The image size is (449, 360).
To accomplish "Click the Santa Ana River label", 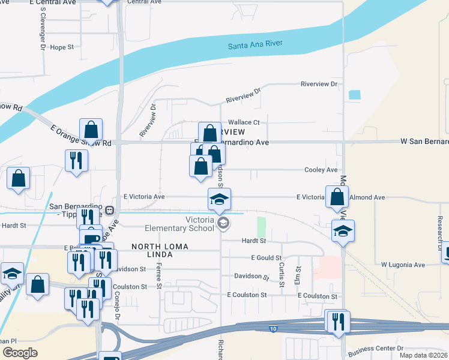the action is (x=255, y=44).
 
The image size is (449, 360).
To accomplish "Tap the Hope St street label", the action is (x=62, y=47).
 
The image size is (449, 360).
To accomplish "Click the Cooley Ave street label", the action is (x=321, y=170).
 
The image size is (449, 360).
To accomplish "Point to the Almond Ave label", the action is (x=367, y=197).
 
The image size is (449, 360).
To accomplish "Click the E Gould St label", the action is (x=267, y=257).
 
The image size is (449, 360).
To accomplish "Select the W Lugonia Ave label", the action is (x=403, y=265).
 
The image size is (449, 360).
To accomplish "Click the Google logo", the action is (x=20, y=353).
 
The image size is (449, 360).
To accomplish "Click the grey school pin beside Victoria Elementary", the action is (x=223, y=224).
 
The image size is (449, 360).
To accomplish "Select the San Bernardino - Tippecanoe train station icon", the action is (x=110, y=210).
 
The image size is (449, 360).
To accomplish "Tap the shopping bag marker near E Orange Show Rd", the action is (x=91, y=129).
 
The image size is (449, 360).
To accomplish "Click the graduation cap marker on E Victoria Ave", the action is (x=220, y=199).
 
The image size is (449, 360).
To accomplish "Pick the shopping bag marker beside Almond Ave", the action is (x=337, y=196).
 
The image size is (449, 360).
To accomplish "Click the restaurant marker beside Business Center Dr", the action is (x=336, y=322).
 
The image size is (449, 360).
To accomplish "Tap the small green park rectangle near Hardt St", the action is (x=261, y=227).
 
